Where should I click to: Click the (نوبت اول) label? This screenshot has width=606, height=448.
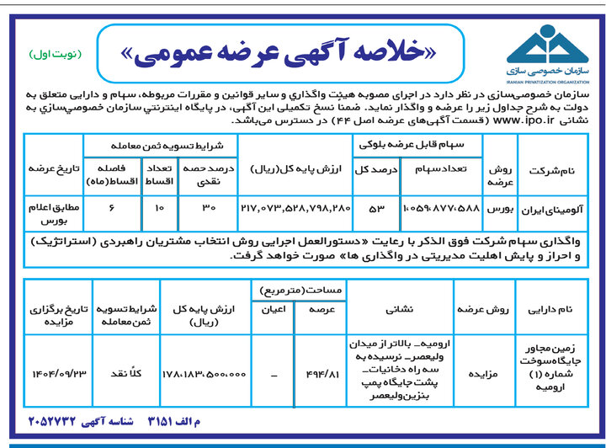click(54, 55)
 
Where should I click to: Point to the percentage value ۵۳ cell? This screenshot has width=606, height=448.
click(369, 206)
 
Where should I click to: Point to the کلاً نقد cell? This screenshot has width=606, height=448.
click(121, 372)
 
